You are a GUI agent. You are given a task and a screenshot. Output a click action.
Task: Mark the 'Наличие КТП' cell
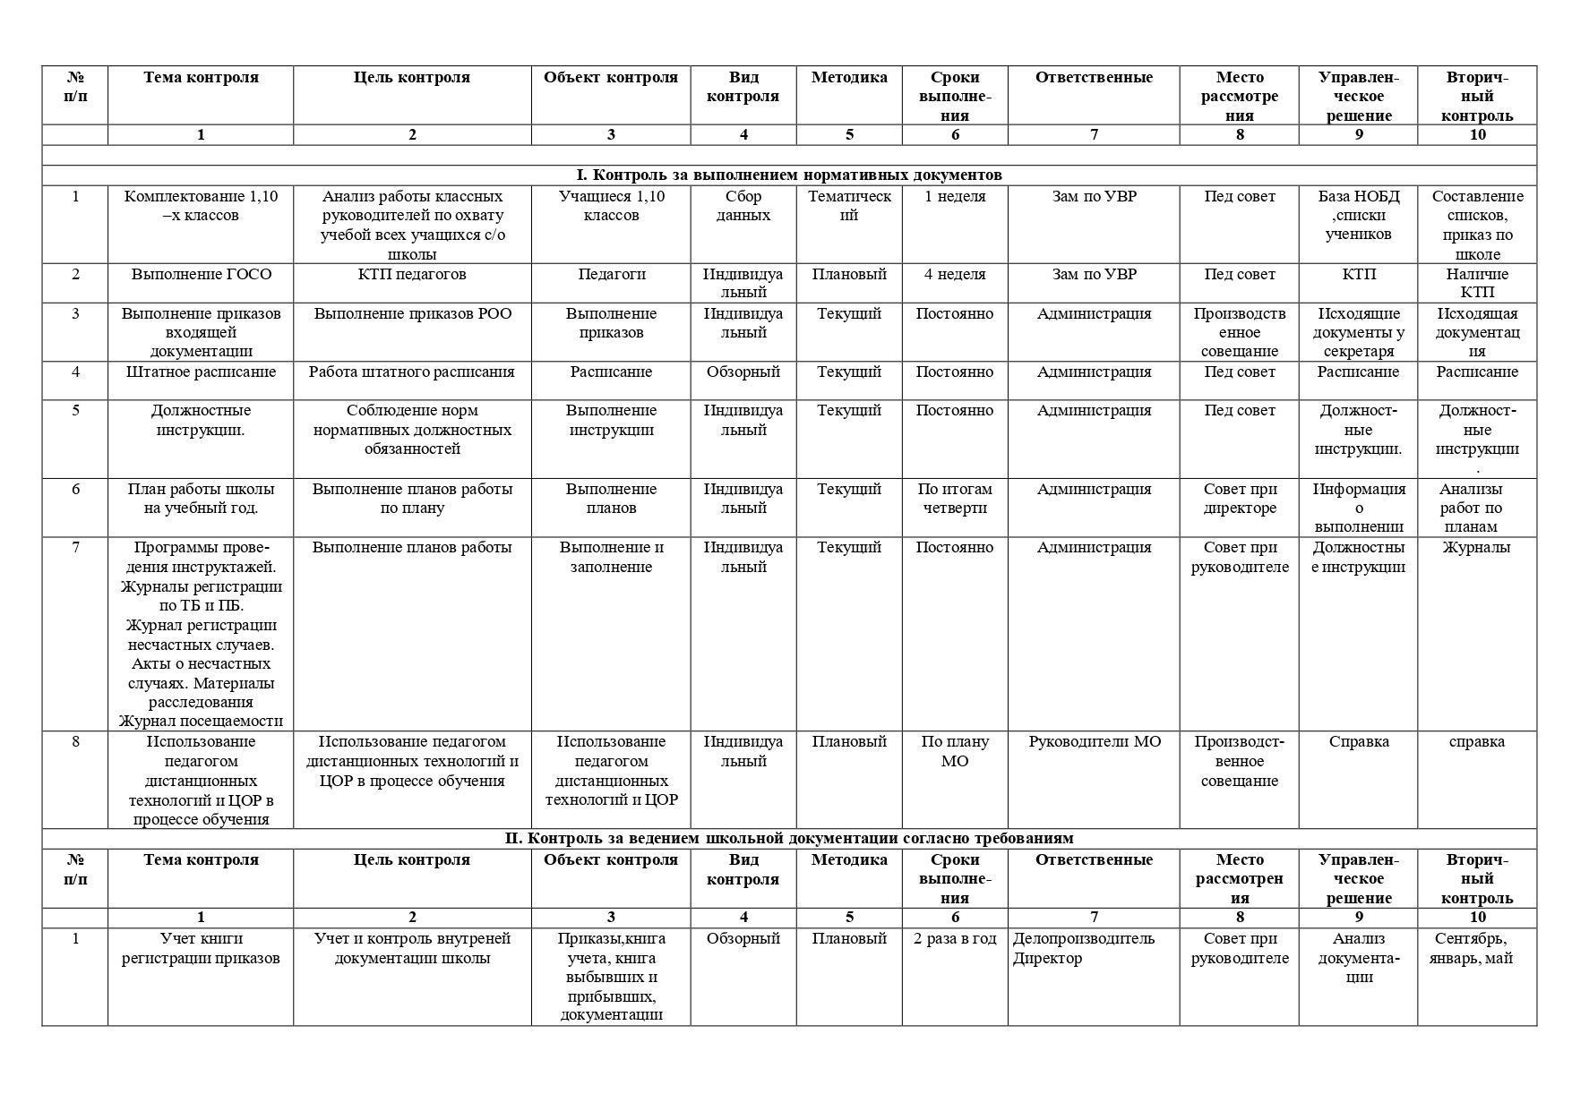pos(1477,283)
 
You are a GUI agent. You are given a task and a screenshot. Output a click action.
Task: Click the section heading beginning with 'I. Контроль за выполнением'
pos(788,175)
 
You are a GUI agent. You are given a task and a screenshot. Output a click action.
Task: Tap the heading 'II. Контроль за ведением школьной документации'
pos(788,839)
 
